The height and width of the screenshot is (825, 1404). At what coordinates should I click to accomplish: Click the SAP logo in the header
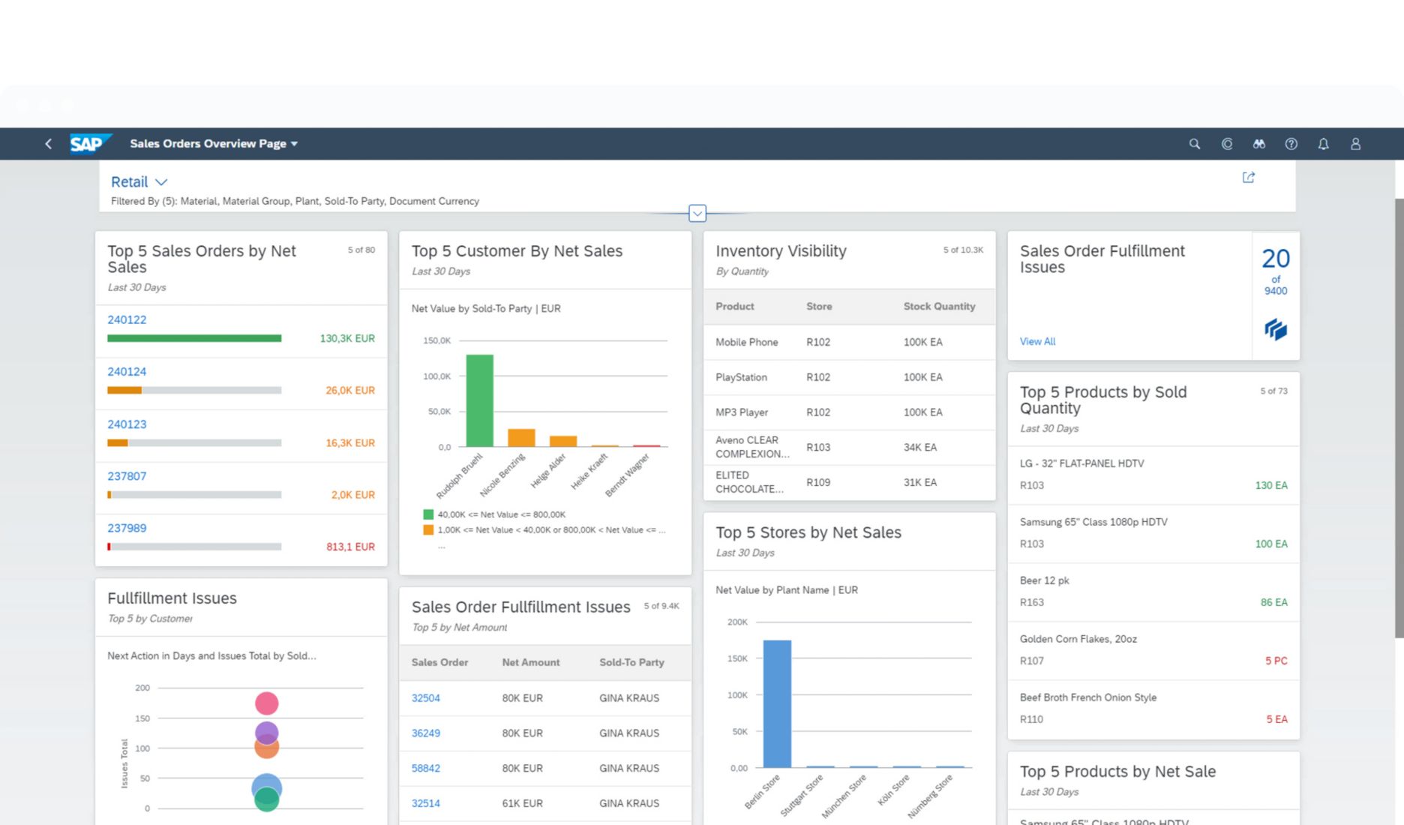click(x=89, y=143)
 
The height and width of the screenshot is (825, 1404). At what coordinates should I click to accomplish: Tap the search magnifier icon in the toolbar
click(x=1195, y=144)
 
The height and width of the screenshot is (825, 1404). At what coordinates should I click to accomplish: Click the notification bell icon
click(x=1323, y=144)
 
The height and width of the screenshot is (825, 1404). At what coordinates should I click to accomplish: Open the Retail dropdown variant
click(x=139, y=182)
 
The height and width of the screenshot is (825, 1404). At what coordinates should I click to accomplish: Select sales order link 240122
click(x=127, y=319)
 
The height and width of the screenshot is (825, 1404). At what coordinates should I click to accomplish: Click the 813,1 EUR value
click(x=350, y=547)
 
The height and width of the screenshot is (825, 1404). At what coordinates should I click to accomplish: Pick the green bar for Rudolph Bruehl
click(x=479, y=400)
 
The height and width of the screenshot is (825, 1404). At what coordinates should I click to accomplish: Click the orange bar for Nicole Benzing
click(x=521, y=438)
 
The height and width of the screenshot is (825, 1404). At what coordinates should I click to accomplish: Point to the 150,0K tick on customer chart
click(x=437, y=340)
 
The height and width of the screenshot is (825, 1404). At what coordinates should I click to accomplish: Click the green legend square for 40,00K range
click(x=428, y=514)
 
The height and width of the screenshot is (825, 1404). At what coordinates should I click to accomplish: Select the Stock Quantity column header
click(x=939, y=306)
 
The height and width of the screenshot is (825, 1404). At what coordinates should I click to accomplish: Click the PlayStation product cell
click(x=741, y=377)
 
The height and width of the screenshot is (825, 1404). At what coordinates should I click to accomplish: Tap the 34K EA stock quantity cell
click(x=919, y=447)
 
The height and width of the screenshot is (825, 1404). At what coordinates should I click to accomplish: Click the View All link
click(x=1037, y=341)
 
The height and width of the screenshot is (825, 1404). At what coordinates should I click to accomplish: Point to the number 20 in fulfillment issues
click(x=1275, y=259)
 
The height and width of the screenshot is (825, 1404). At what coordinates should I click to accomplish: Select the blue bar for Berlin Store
click(x=777, y=703)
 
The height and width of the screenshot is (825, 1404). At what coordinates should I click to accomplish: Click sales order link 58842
click(x=425, y=768)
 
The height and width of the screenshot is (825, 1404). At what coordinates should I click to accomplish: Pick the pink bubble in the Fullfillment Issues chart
click(x=266, y=703)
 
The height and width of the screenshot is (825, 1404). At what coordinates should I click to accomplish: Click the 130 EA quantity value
click(x=1270, y=485)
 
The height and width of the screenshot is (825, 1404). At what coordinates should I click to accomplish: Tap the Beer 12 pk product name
click(x=1044, y=580)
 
